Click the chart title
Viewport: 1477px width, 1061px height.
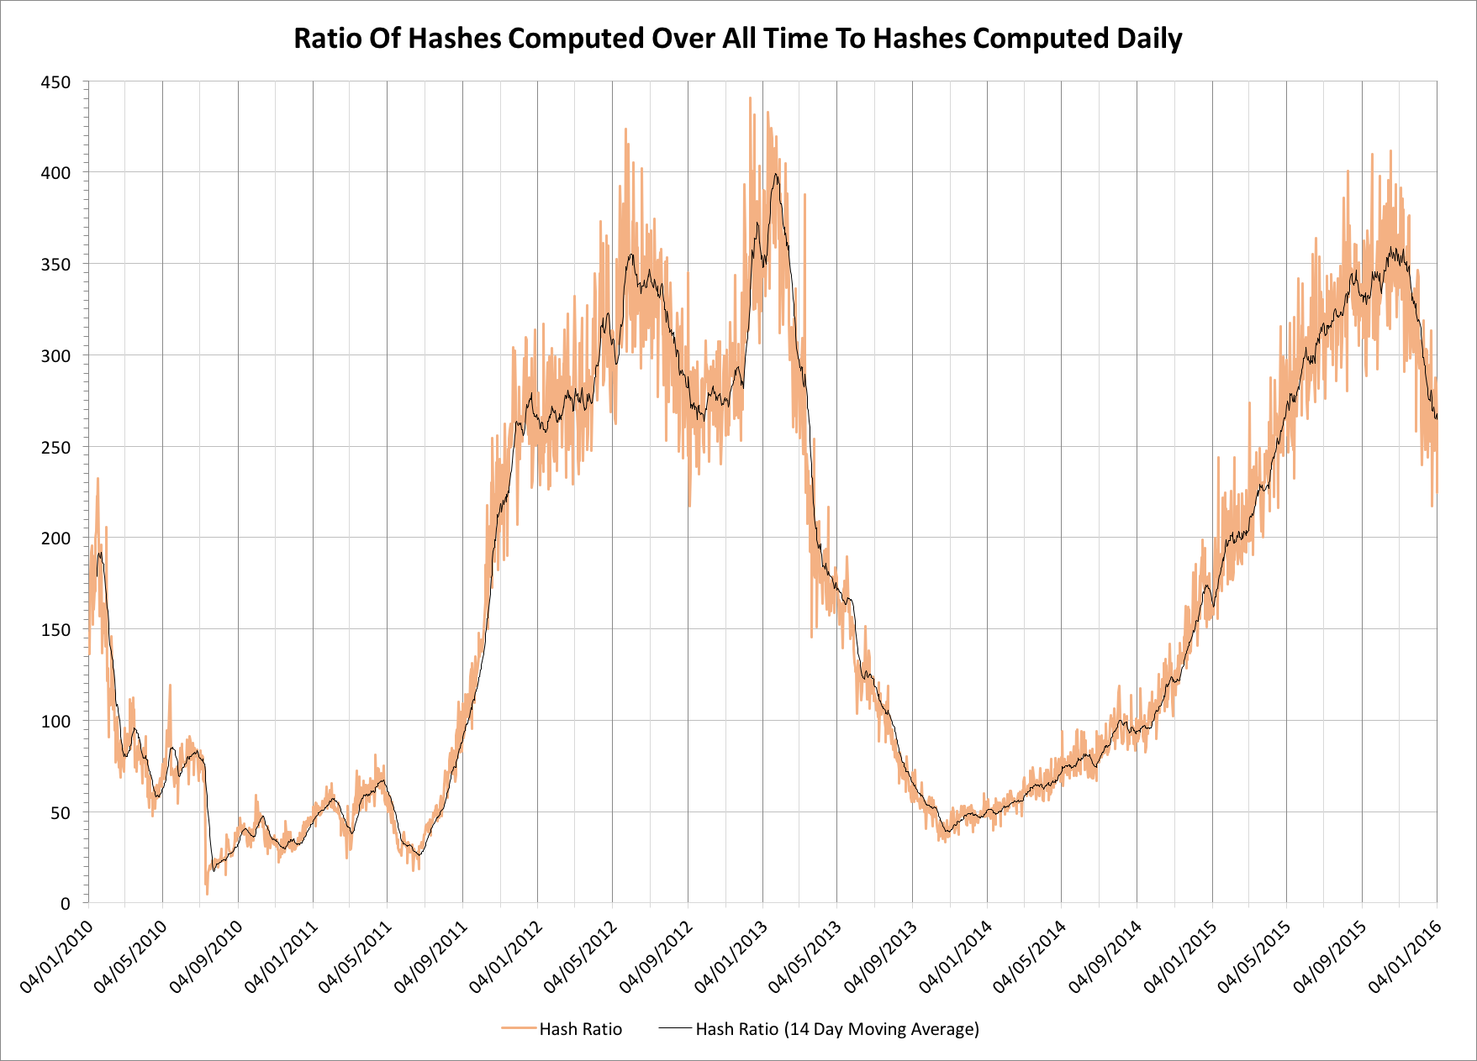click(737, 39)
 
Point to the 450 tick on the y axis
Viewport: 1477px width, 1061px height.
click(55, 82)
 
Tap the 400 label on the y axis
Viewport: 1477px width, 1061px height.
click(55, 173)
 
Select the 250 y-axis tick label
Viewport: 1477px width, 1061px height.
click(55, 448)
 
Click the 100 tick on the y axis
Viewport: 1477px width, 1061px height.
click(55, 722)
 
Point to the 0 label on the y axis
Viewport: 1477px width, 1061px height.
click(65, 905)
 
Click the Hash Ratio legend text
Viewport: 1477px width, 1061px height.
click(580, 1029)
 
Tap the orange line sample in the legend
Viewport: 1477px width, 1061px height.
click(518, 1028)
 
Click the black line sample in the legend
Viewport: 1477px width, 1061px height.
click(675, 1028)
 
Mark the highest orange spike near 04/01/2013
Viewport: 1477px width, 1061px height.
click(750, 98)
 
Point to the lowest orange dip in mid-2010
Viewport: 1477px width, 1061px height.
click(207, 893)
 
